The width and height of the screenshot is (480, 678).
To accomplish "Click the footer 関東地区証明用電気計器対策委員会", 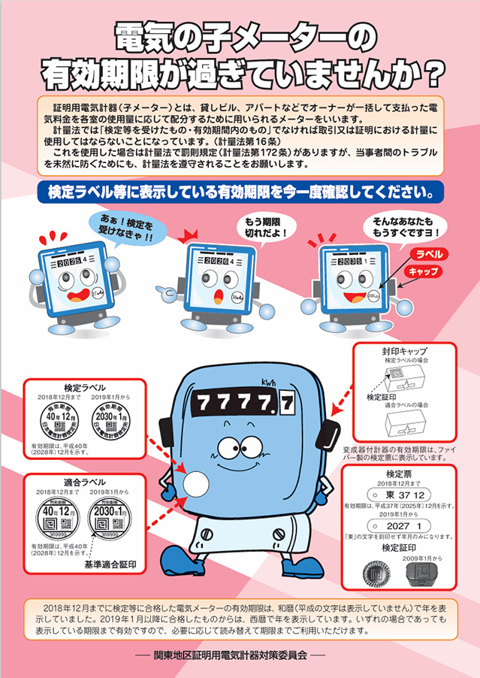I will pos(240,655).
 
